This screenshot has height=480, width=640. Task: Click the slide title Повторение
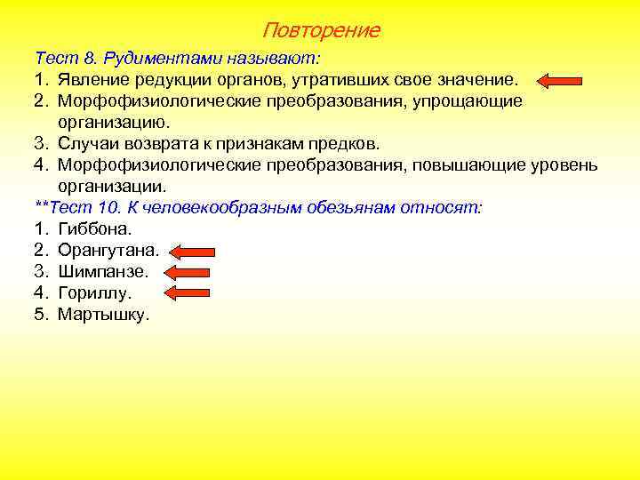pyautogui.click(x=321, y=30)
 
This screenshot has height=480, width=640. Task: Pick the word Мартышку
pyautogui.click(x=103, y=314)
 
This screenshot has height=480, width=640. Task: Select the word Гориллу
pyautogui.click(x=94, y=292)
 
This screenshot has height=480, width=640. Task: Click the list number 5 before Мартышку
pyautogui.click(x=40, y=314)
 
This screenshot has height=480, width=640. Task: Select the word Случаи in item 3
pyautogui.click(x=88, y=144)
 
